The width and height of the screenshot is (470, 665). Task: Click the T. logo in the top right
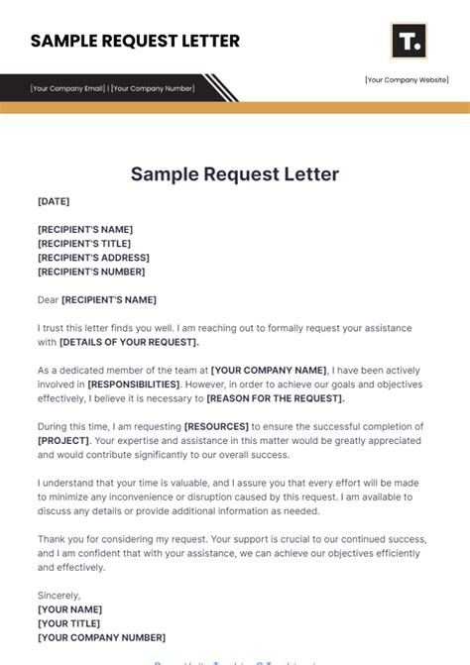tap(409, 42)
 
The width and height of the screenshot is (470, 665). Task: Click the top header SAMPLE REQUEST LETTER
tap(135, 42)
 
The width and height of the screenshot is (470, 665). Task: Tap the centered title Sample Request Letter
tap(235, 174)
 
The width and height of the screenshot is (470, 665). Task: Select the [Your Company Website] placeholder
tap(407, 80)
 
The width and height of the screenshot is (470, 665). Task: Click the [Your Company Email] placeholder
tap(67, 88)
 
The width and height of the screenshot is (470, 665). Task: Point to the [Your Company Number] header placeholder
tap(153, 88)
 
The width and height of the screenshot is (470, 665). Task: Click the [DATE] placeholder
tap(54, 201)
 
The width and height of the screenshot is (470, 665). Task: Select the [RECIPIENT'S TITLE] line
tap(84, 244)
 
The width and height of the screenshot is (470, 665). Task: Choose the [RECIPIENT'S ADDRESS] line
tap(92, 258)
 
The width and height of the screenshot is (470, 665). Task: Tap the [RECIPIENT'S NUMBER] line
tap(91, 272)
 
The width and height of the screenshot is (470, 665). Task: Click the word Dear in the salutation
tap(48, 299)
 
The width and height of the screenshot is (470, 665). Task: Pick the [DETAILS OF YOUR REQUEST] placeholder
tap(129, 342)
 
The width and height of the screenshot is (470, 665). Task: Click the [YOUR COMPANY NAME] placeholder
tap(268, 370)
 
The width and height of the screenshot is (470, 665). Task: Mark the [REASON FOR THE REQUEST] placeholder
tap(276, 398)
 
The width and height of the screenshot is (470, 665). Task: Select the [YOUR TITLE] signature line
tap(69, 623)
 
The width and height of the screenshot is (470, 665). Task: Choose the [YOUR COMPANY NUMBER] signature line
tap(101, 637)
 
